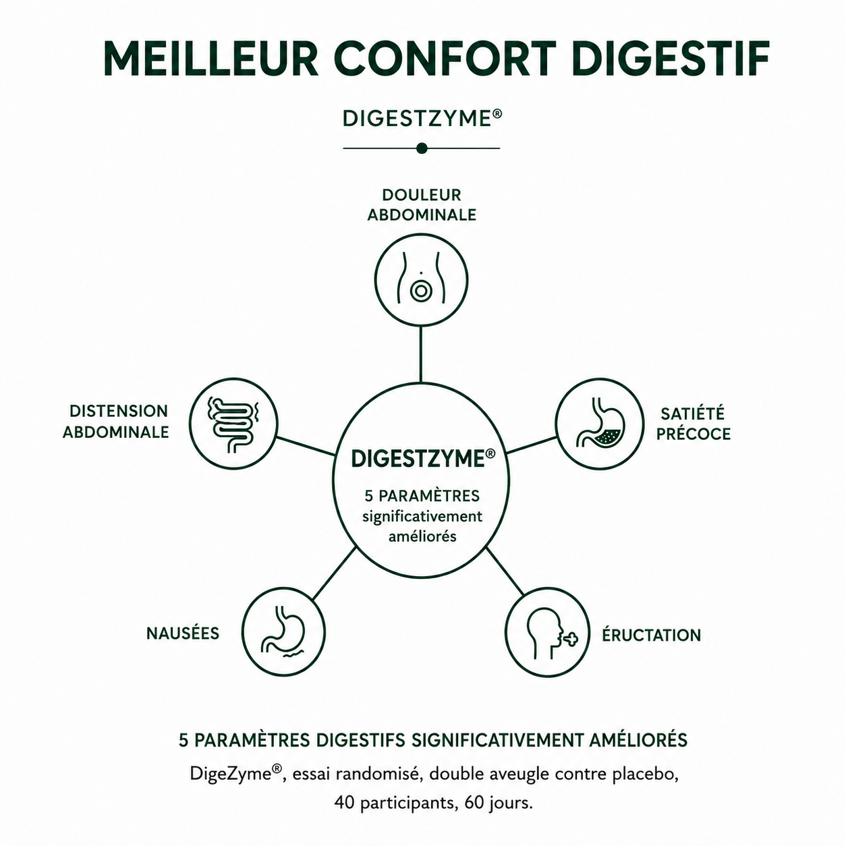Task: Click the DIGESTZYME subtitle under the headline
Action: click(422, 119)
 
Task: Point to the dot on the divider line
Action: click(422, 148)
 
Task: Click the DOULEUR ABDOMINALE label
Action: click(422, 205)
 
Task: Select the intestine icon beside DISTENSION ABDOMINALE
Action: click(233, 424)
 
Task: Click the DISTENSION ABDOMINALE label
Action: click(116, 422)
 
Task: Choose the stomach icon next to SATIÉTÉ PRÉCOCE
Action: click(599, 422)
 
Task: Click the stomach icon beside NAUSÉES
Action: click(284, 632)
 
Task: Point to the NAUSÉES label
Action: click(183, 633)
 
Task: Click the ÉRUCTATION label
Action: click(652, 636)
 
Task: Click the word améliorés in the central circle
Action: click(422, 536)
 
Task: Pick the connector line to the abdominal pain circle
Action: click(421, 355)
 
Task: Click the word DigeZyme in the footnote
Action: click(235, 774)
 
